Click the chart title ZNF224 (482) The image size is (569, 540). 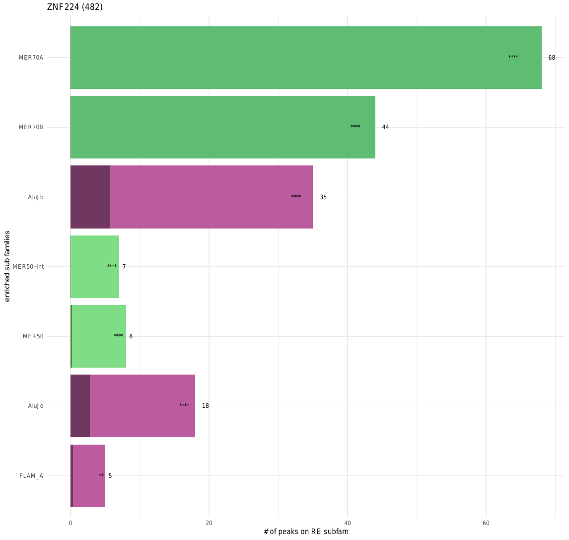click(75, 7)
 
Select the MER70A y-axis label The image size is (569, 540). click(31, 58)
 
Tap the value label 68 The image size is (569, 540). click(552, 58)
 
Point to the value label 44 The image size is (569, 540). click(385, 127)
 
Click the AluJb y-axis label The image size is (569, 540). click(36, 197)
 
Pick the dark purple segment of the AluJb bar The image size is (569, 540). click(90, 197)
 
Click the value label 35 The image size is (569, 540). click(323, 197)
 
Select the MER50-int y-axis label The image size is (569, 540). click(28, 267)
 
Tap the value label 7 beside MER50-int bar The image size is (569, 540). click(124, 267)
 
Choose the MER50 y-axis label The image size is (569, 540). click(33, 336)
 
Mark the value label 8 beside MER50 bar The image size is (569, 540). click(131, 336)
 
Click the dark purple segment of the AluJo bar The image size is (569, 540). click(80, 406)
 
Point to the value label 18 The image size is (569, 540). click(206, 406)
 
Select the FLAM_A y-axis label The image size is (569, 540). click(31, 476)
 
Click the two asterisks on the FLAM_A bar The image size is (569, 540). click(101, 475)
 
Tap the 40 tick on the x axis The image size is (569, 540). click(348, 523)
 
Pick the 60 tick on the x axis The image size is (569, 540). click(486, 523)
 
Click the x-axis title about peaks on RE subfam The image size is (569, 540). click(306, 532)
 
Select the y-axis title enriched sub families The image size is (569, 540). click(7, 266)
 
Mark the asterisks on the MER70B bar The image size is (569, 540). click(356, 127)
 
